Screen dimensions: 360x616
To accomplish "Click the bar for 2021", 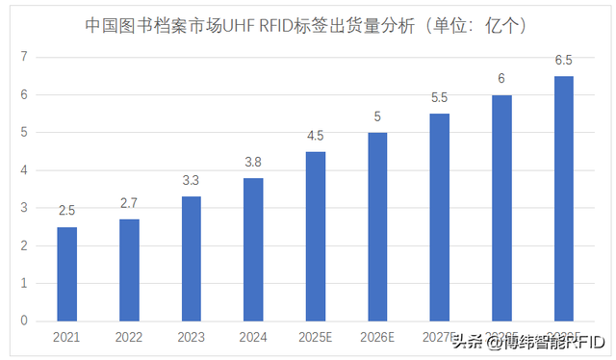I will pos(66,274).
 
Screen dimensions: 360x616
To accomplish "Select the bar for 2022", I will pos(129,270).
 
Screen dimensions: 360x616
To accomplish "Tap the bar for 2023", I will pos(192,259).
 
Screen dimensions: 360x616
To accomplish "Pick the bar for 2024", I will pos(253,249).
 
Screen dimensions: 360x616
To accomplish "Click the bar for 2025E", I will pos(316,236).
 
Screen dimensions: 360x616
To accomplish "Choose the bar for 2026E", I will pos(377,227).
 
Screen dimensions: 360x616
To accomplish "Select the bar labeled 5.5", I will pos(440,218).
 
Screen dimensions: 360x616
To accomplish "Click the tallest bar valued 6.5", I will pos(564,198).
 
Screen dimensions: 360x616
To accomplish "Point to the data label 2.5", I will pos(66,211).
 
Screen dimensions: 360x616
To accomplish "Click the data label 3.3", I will pos(192,180).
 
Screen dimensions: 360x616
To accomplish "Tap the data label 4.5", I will pos(316,135).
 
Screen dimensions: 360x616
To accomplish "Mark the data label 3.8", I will pos(253,162).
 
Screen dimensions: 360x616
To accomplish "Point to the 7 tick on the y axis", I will pos(23,58).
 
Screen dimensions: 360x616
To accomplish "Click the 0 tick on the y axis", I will pos(23,321).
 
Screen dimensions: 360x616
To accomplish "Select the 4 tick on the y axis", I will pos(23,170).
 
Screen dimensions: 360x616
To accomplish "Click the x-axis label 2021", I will pos(66,338).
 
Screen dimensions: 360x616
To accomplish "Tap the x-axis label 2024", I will pos(253,338).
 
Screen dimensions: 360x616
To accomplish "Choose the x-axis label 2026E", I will pos(377,338).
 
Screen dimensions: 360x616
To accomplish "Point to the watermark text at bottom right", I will pos(528,341).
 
